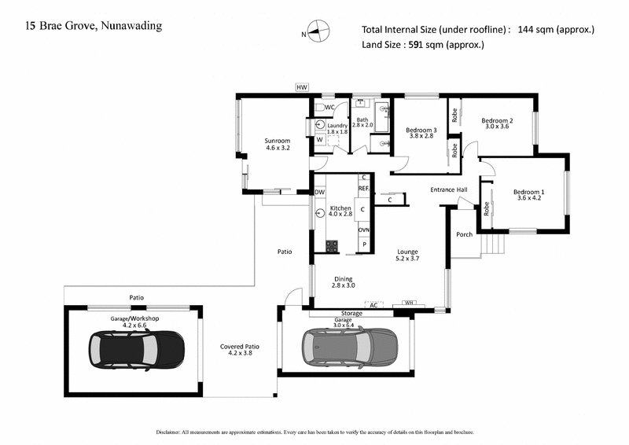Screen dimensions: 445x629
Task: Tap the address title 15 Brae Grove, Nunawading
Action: pos(94,27)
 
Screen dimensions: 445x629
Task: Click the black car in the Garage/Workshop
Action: pos(136,347)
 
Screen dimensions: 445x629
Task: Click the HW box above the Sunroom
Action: pos(301,88)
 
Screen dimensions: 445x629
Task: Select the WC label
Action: pos(330,107)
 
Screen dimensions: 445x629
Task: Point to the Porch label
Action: pos(465,234)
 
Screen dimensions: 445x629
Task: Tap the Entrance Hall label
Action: pos(449,189)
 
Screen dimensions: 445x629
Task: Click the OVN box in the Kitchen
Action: pos(364,230)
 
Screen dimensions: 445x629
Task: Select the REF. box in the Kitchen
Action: pos(364,189)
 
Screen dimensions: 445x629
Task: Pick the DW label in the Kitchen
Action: pos(319,192)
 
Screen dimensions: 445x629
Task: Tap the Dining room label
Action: pos(344,281)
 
